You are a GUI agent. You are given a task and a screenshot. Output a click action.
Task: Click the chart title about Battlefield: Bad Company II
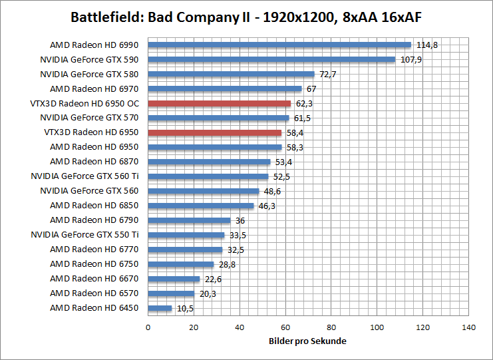point(246,16)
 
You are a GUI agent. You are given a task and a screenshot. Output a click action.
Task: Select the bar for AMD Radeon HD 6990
point(279,45)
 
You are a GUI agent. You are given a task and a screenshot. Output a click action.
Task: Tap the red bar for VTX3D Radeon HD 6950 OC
point(219,103)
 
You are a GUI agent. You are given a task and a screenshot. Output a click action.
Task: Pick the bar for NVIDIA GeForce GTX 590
point(271,59)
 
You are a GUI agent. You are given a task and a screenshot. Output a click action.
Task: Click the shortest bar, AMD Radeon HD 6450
point(160,308)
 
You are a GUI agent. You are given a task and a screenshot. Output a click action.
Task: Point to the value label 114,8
point(427,45)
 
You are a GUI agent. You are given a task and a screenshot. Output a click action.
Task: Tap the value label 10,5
point(184,308)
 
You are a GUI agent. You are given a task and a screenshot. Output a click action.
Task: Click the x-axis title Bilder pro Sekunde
point(308,341)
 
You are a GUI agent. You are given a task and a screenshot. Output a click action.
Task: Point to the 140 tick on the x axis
point(469,327)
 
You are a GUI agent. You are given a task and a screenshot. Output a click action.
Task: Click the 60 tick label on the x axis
point(285,327)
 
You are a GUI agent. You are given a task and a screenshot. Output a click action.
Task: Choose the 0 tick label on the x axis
point(148,327)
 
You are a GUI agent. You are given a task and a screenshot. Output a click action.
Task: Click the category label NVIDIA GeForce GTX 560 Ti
point(84,176)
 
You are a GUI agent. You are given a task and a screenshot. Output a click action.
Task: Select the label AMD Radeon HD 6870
point(94,162)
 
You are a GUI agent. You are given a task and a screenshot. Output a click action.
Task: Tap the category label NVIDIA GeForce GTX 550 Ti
point(84,235)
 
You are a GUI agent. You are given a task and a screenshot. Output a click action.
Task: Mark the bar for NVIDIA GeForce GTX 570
point(218,118)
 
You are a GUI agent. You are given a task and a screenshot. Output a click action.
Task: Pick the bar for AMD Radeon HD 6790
point(189,220)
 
